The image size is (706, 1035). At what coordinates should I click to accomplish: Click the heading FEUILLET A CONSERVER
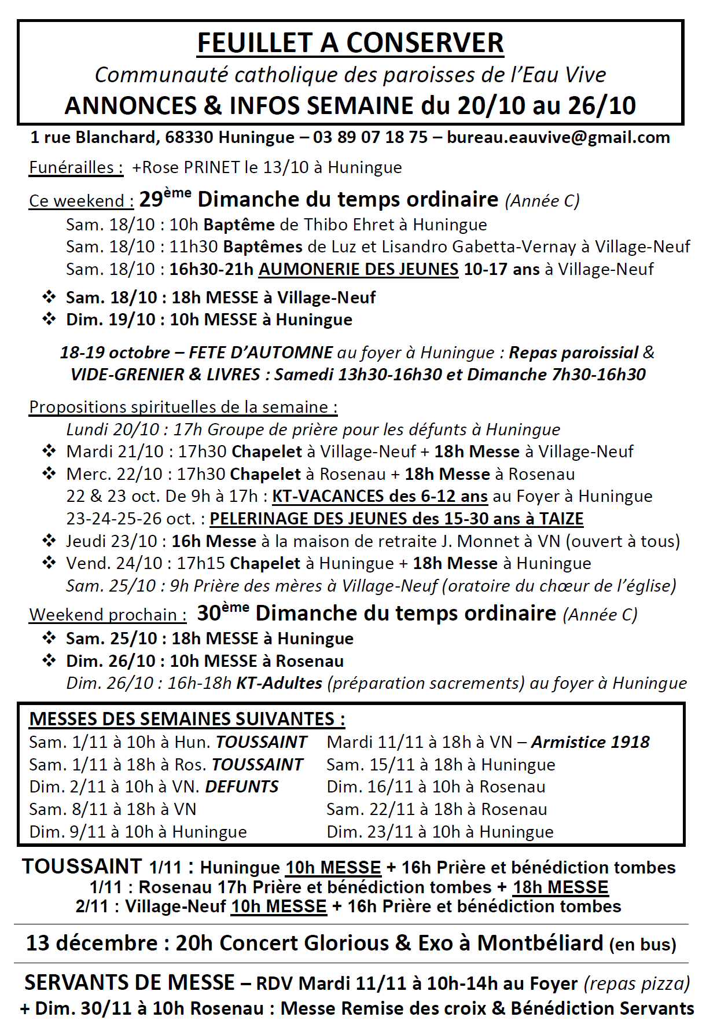point(350,43)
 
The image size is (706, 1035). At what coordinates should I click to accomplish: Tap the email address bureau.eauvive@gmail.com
point(558,138)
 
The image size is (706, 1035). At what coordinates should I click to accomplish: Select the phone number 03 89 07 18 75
point(370,138)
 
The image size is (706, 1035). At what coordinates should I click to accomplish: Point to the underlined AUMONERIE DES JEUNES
point(358,270)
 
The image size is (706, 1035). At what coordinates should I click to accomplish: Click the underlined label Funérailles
point(76,168)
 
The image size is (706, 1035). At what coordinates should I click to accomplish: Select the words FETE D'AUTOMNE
point(260,353)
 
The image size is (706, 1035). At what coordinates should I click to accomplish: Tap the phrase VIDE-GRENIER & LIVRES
point(165,375)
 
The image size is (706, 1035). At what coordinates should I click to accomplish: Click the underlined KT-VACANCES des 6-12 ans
point(380,497)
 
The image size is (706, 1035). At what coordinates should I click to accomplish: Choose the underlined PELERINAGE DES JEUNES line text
point(396,519)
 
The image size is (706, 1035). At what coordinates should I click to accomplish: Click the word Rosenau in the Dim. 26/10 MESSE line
point(310,662)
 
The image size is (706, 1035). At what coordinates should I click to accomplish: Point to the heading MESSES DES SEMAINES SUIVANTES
point(186,720)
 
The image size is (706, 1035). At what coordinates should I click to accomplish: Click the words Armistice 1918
point(590,743)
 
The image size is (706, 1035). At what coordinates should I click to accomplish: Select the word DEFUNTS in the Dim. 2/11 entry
point(242,787)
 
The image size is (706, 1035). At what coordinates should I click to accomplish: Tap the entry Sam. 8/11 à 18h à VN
point(113,810)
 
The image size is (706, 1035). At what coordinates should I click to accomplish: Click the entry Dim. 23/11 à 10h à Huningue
point(440,832)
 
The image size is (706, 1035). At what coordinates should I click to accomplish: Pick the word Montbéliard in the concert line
point(540,944)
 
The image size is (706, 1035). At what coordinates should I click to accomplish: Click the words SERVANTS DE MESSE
point(130,983)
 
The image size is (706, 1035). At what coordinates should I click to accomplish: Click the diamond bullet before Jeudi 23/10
point(49,541)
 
